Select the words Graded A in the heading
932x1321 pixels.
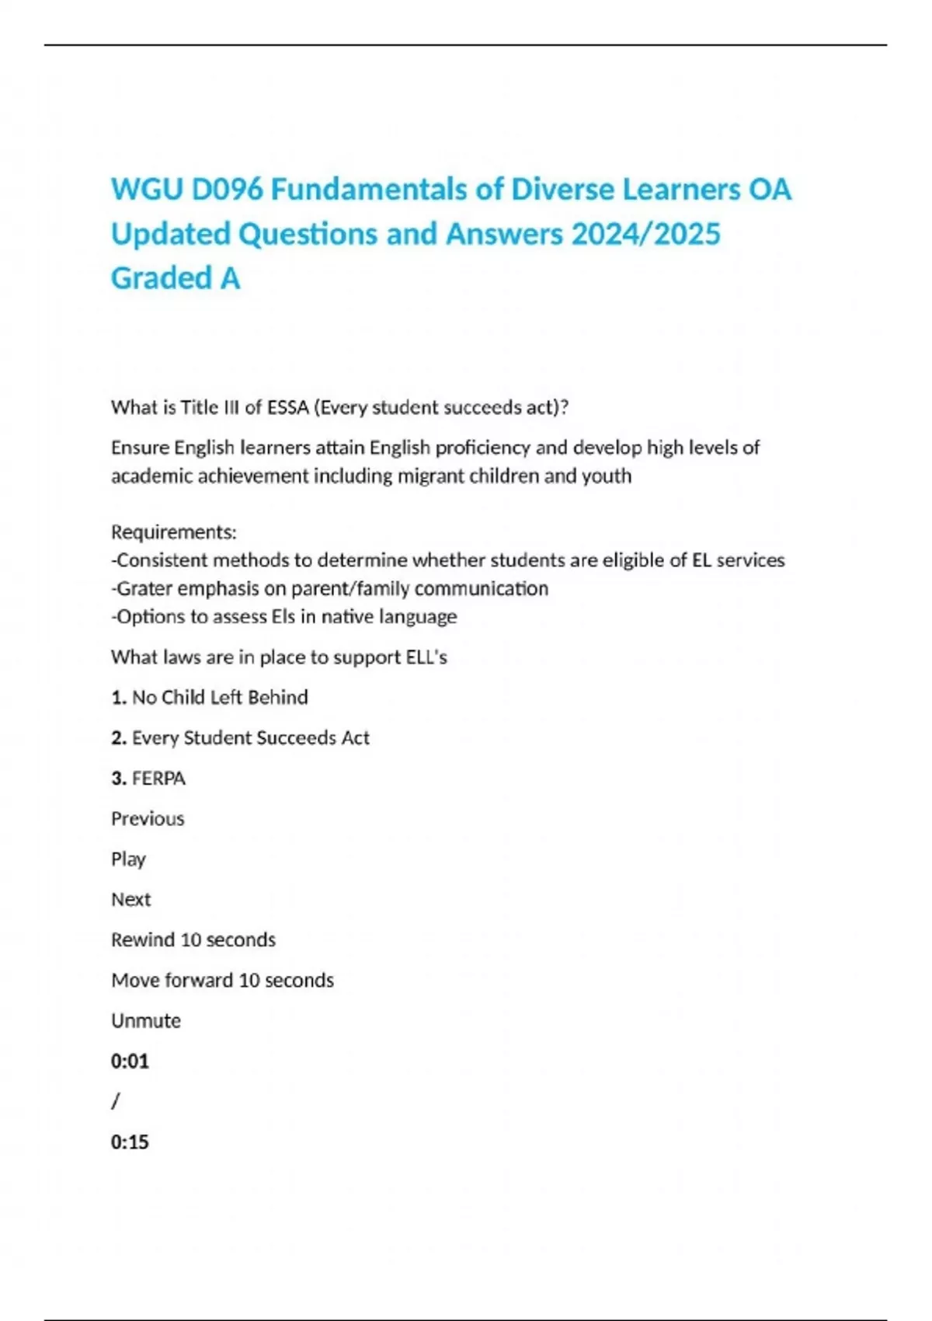tap(176, 278)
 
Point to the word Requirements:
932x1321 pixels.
tap(174, 532)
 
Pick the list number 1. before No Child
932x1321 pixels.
tap(119, 697)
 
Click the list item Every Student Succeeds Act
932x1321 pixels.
tap(250, 737)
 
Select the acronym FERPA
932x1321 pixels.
tap(158, 778)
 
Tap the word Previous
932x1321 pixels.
tap(148, 818)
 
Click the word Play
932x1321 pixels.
tap(128, 859)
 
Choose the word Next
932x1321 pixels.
tap(130, 899)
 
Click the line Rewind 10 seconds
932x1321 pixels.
tap(193, 939)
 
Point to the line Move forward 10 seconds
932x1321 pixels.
tap(222, 980)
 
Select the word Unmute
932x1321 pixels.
tap(146, 1020)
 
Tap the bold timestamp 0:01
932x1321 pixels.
tap(130, 1061)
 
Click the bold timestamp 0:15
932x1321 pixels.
tap(130, 1141)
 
